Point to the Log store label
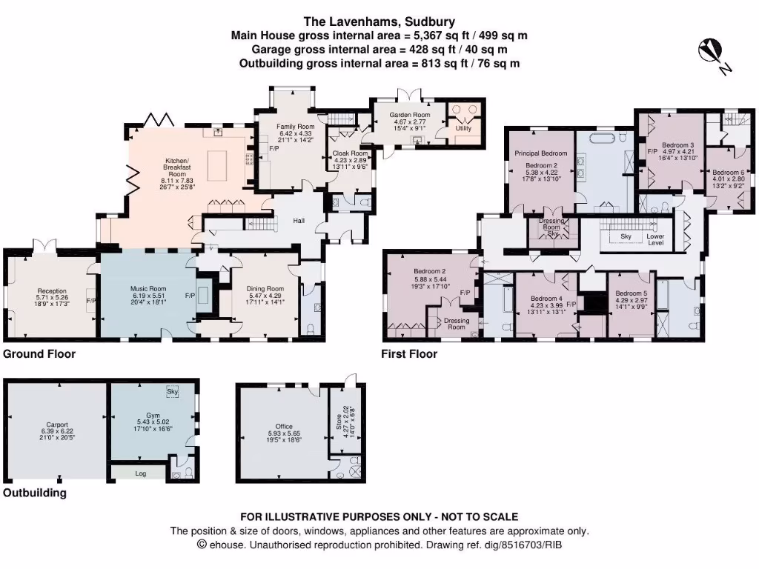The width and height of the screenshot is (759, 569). click(141, 471)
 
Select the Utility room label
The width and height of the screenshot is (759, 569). click(463, 129)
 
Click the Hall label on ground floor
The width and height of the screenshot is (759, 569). click(299, 221)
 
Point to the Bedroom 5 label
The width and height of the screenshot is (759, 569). click(631, 293)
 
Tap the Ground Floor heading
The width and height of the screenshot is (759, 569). click(39, 354)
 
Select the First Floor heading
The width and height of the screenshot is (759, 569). click(408, 354)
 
